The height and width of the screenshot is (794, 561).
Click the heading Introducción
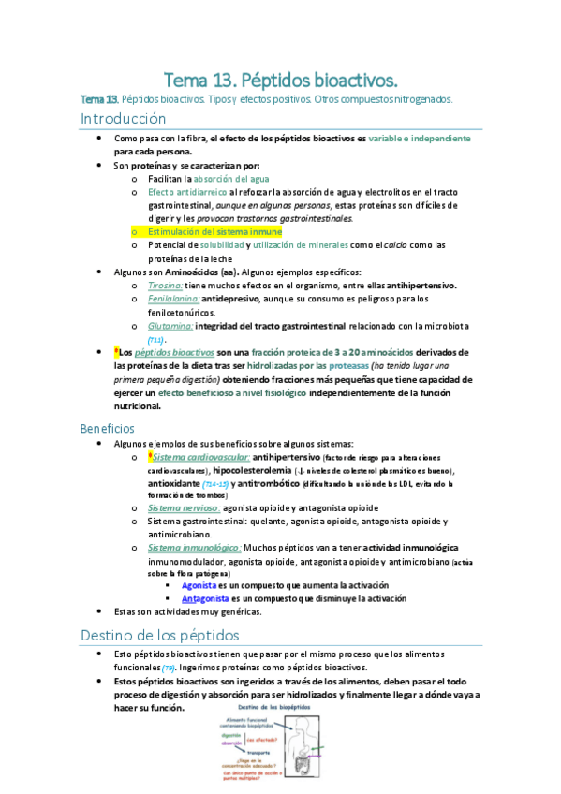coord(124,119)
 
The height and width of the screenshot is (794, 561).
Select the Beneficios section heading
coord(108,428)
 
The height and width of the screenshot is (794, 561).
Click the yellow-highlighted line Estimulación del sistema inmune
coord(214,231)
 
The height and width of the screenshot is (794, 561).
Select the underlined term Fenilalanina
coord(173,299)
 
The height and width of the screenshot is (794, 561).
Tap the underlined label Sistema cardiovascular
coord(198,457)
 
